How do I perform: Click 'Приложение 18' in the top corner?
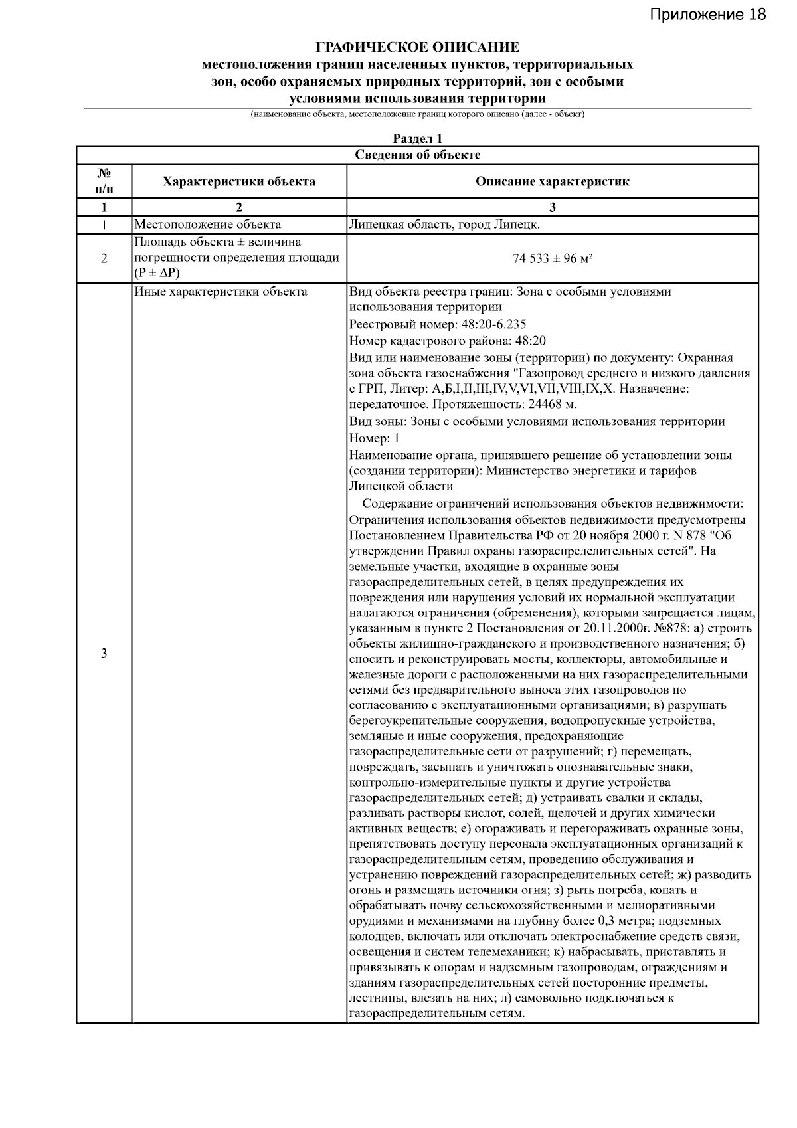707,14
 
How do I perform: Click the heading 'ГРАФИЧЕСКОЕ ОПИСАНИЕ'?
417,48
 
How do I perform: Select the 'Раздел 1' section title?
417,139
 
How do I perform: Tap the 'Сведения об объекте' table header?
417,155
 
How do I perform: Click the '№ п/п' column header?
104,181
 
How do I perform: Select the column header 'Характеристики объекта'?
239,181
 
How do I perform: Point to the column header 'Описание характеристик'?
552,181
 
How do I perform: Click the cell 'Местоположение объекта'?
208,225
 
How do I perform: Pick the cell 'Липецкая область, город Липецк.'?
444,225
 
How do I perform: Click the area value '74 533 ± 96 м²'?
552,258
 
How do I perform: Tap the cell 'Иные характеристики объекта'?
221,292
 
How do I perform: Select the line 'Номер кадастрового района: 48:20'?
447,341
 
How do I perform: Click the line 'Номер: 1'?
375,438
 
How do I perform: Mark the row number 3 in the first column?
104,654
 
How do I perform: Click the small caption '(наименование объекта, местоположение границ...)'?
417,114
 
